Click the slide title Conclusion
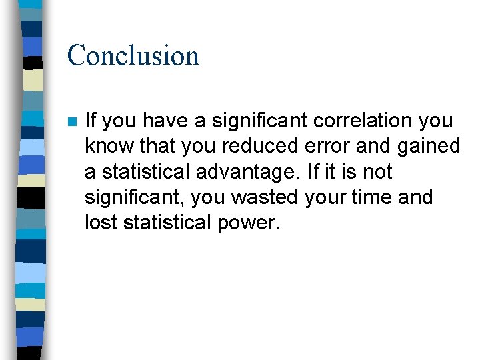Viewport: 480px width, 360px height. click(133, 55)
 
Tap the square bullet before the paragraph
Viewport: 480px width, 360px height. click(72, 122)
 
